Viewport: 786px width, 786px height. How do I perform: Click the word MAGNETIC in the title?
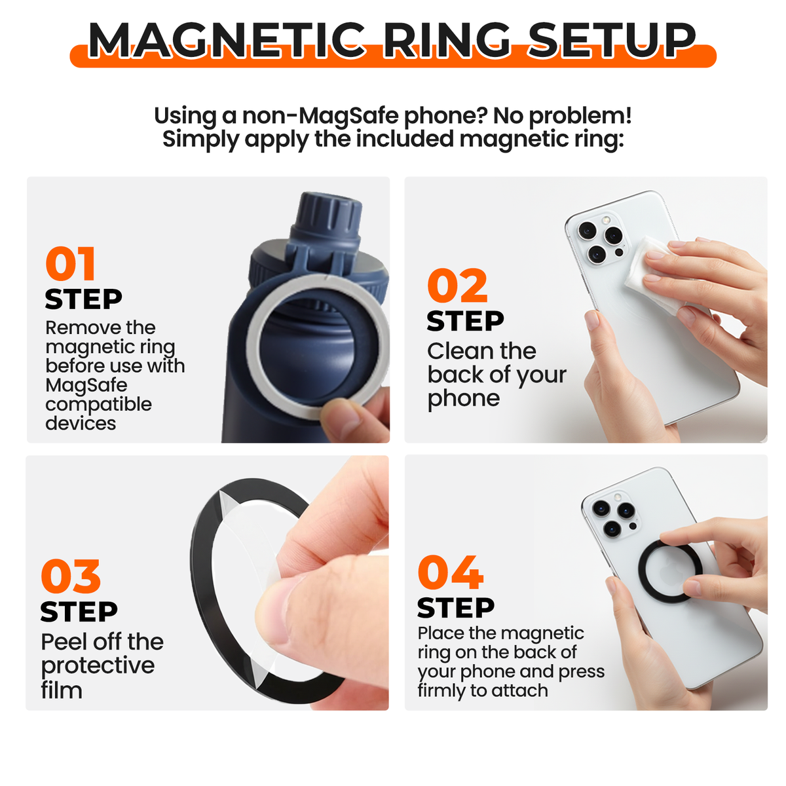(x=227, y=41)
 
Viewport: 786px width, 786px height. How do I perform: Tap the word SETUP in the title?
(x=612, y=41)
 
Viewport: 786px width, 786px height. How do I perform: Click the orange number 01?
(x=71, y=265)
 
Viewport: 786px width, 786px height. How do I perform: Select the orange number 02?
(x=457, y=287)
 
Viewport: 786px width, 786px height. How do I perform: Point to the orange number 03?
(x=71, y=577)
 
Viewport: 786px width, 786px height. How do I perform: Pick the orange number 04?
(x=451, y=573)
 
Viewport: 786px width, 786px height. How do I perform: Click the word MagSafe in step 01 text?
(x=86, y=385)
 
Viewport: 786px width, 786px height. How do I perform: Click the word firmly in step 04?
(x=441, y=690)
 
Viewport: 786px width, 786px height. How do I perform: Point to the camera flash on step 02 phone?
(x=606, y=221)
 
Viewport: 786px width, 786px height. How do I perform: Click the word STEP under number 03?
(x=79, y=612)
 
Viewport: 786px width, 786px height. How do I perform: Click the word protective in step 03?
(x=98, y=666)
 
